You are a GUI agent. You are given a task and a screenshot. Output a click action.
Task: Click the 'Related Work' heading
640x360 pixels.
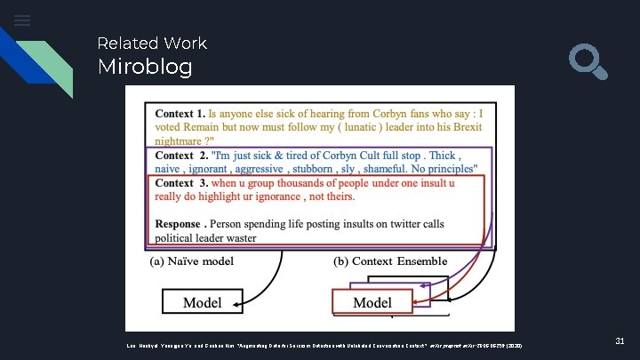point(151,43)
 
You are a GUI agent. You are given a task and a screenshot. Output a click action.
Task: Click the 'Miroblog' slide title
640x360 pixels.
point(145,67)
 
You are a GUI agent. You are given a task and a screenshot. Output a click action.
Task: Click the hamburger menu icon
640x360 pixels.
point(22,20)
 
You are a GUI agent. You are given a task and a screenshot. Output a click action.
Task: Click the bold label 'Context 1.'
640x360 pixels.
point(180,114)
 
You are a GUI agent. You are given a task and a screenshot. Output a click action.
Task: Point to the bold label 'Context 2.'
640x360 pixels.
point(181,155)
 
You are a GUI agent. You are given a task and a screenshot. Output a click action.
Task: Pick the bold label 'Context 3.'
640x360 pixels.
point(181,182)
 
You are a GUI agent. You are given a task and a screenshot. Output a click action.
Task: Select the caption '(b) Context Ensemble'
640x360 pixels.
point(390,260)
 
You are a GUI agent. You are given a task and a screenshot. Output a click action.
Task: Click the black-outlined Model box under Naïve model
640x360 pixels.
point(204,302)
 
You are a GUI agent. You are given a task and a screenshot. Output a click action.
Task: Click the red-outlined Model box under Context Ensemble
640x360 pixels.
point(372,303)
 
